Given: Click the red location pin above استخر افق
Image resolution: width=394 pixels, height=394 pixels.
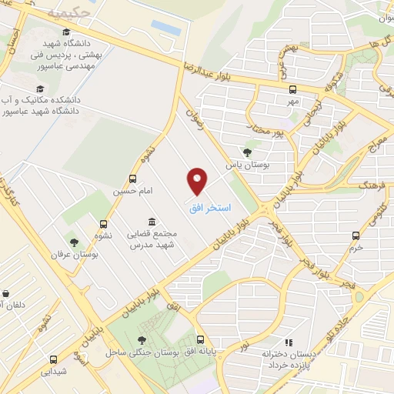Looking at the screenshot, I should pos(199,181).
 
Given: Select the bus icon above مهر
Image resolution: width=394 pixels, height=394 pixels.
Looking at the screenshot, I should pos(292,89).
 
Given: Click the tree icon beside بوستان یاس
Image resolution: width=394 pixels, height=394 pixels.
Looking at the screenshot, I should pos(246,152).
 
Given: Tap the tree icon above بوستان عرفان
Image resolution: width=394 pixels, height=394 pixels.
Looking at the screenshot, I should pos(75,242).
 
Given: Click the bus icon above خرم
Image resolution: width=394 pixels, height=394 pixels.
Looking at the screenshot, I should pos(356,235).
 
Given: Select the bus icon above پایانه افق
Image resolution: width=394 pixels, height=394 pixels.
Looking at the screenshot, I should pos(201,339).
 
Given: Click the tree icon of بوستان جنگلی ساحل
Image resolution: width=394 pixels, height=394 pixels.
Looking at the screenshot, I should pos(142,339).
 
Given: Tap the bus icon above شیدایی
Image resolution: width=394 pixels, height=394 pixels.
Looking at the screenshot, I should pos(54,359).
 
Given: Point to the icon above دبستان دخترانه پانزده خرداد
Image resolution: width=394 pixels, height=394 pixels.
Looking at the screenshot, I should pos(289,342).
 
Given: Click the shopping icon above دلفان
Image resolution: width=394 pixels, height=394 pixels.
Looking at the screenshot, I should pos(6,293).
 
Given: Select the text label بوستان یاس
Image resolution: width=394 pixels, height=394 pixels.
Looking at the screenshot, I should pos(239,165).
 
